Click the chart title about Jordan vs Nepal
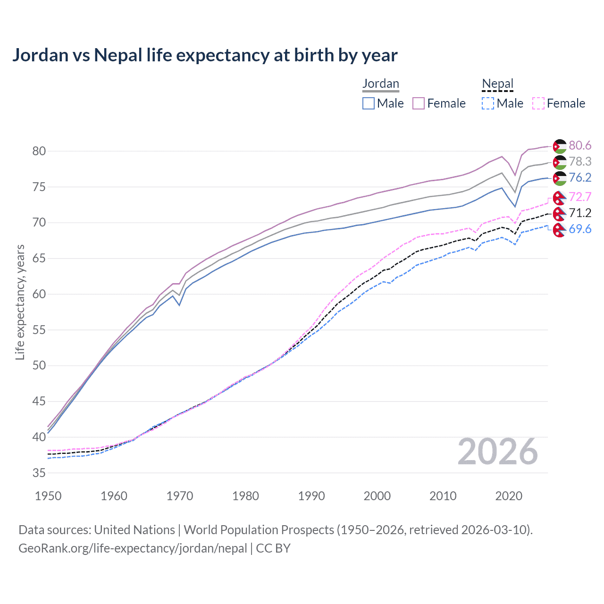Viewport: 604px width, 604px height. point(205,55)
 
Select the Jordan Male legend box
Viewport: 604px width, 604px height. point(369,103)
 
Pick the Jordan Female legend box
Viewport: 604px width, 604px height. point(419,103)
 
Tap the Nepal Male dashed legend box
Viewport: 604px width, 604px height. point(488,103)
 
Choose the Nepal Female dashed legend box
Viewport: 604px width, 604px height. point(538,103)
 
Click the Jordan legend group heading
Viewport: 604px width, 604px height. point(381,84)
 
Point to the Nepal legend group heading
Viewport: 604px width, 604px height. point(497,84)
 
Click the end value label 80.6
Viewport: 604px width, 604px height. point(580,145)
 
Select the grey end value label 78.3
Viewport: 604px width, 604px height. point(580,161)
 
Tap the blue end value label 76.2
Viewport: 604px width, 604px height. point(580,177)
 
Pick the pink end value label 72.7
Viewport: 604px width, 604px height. point(580,197)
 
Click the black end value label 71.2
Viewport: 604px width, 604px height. point(580,213)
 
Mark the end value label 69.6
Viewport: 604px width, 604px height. point(580,229)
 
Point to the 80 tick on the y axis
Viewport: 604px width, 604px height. point(39,151)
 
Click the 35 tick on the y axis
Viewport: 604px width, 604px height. point(39,473)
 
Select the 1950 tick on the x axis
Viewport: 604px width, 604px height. point(49,496)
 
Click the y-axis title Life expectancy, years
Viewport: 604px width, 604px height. point(20,302)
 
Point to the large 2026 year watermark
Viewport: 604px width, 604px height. point(497,452)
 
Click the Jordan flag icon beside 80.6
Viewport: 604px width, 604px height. point(560,146)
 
